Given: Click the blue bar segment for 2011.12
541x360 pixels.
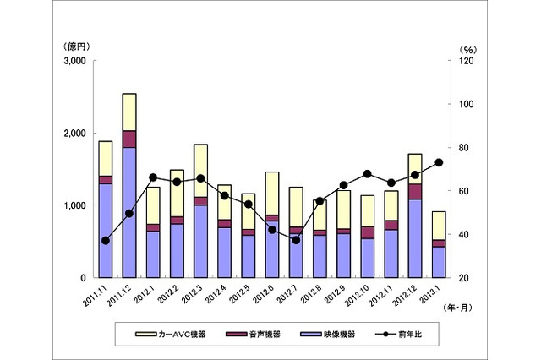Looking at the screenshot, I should [x=129, y=211].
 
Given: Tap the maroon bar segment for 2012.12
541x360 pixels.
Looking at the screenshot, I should [x=415, y=191].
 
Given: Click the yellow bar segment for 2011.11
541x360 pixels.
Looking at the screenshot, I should [x=106, y=158].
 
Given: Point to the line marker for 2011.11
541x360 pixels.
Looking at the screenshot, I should [x=106, y=241].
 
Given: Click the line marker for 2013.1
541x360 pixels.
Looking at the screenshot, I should [x=440, y=162].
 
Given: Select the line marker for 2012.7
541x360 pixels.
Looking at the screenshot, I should [x=296, y=240].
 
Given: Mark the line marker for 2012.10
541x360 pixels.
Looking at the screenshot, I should [x=368, y=174].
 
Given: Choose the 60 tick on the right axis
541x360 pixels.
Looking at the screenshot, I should [x=464, y=191].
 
